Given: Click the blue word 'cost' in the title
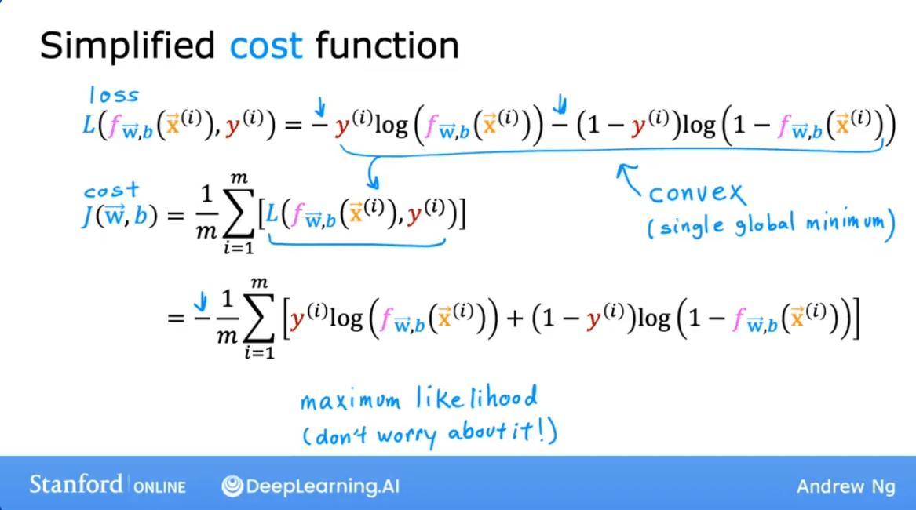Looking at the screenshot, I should click(265, 46).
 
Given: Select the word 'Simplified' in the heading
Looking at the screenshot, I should click(127, 46).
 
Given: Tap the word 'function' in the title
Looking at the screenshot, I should click(387, 46).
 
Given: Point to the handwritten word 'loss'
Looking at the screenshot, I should click(115, 95).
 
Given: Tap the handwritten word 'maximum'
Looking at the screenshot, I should click(349, 402).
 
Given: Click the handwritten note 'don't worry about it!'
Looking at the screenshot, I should click(430, 433).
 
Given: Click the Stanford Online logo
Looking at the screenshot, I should click(108, 485).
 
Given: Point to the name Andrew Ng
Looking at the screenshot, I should click(845, 486).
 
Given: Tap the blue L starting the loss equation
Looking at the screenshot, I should click(88, 125).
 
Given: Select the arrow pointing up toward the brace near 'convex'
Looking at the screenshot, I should click(629, 178).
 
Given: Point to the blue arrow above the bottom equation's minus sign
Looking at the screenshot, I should click(201, 300).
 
